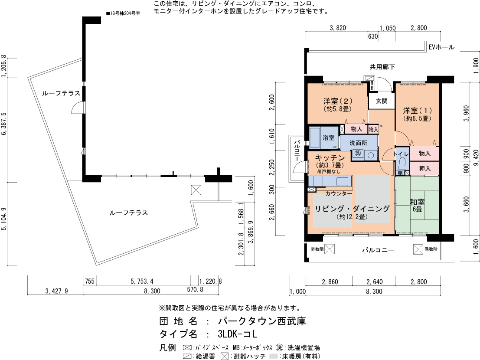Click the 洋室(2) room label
pos(338,105)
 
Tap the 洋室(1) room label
pos(417,114)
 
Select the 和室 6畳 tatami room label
pos(417,206)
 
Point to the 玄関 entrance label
pos(382,101)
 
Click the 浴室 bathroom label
pos(329,138)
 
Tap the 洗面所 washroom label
pos(358,143)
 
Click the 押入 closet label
pos(424,168)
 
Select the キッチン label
pos(330,157)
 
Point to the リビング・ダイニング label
pos(352,209)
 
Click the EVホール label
pos(441,47)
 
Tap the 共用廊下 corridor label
pos(382,67)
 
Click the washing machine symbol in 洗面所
pos(358,153)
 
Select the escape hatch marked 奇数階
pos(330,249)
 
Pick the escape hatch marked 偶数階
pos(418,249)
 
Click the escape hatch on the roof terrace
pos(196,190)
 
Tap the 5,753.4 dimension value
pos(142,281)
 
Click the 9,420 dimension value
pos(475,158)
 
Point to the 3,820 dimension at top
pos(338,28)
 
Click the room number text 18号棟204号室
pos(123,13)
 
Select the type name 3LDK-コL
pos(237,334)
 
